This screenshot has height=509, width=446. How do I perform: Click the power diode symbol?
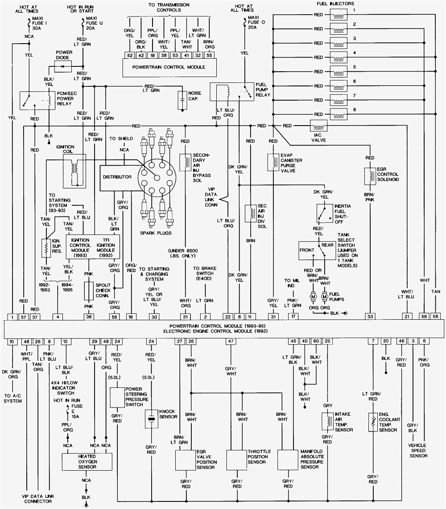coord(62,66)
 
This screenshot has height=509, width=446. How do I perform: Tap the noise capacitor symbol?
coord(182,101)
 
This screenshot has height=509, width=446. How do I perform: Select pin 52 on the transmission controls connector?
coord(130,56)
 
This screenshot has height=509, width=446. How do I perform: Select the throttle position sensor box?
coord(236,459)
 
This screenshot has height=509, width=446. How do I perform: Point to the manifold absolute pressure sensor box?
coord(288,459)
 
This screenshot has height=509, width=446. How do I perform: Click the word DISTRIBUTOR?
coord(117,177)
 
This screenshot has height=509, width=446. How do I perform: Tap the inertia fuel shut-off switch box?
coord(324,213)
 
